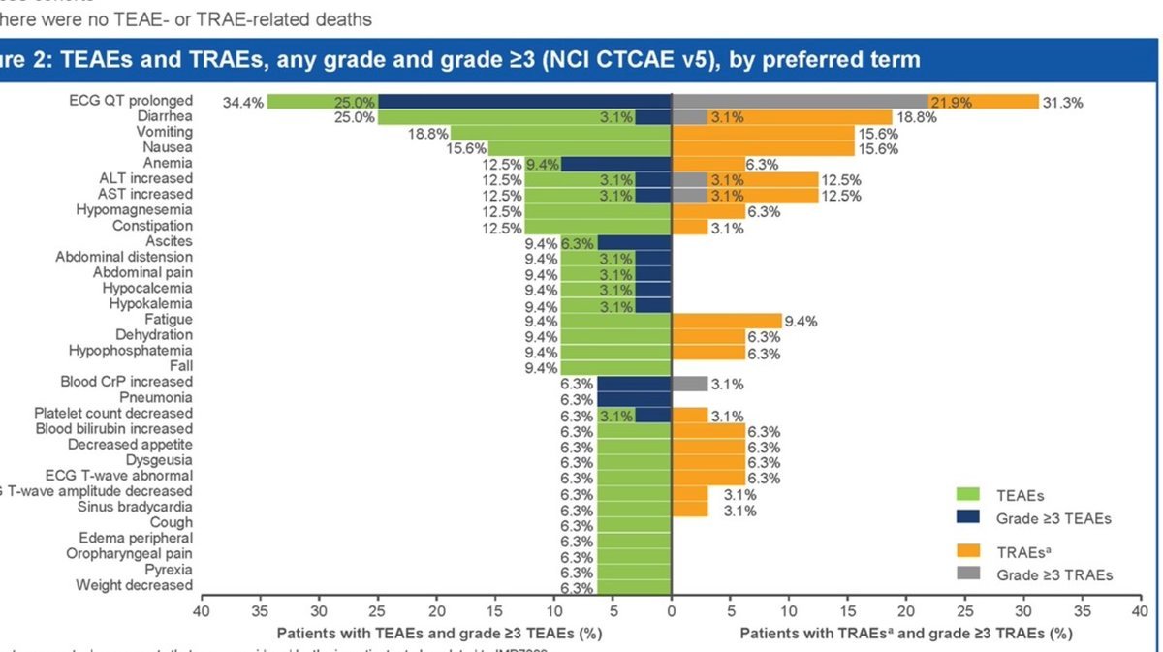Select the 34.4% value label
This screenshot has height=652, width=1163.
point(242,102)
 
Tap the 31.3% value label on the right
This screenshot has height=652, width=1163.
point(1062,102)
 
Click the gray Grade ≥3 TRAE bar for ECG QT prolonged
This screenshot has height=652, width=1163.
point(800,102)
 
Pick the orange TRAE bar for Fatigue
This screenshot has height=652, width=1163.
point(727,320)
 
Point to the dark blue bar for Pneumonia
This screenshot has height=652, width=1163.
point(634,398)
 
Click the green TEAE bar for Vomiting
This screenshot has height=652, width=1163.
point(560,133)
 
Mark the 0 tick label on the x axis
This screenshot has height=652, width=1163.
point(671,612)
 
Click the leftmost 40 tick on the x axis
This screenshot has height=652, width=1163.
point(201,612)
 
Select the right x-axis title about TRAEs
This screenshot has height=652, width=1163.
point(906,634)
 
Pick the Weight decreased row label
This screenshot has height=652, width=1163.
point(134,585)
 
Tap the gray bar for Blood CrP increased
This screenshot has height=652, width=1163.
point(690,383)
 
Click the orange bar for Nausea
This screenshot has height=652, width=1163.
point(763,148)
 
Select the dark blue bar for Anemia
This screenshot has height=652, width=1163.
point(616,164)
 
